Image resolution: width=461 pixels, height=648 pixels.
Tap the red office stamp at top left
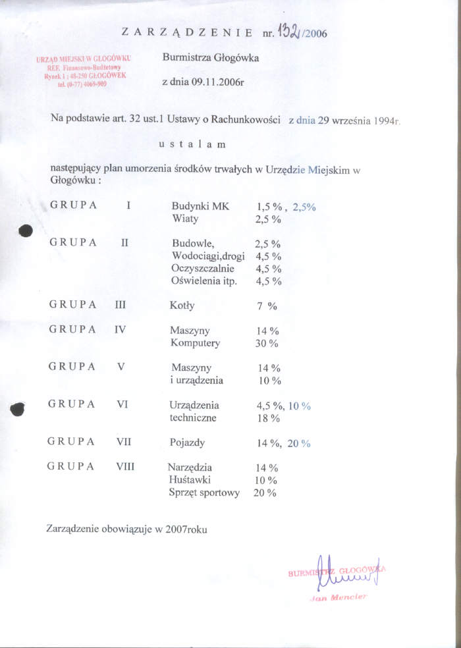click(x=83, y=71)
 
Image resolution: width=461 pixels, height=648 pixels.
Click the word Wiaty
click(x=185, y=219)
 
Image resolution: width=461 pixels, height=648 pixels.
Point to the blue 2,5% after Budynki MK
click(x=304, y=206)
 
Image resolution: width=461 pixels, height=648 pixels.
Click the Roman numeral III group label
click(x=121, y=305)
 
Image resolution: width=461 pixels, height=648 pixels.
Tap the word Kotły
click(x=182, y=306)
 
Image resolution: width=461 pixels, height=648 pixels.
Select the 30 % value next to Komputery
click(x=267, y=343)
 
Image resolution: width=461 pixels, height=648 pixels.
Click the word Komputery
click(x=196, y=343)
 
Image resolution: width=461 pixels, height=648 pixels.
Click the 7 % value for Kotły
click(x=267, y=306)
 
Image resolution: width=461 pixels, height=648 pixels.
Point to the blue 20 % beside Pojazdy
click(x=298, y=443)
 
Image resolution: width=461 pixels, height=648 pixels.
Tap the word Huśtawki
click(x=190, y=480)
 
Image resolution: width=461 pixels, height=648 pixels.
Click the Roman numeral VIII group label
click(x=125, y=466)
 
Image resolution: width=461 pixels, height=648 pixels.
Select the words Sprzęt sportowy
click(x=204, y=493)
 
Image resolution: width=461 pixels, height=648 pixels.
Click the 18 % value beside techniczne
click(x=268, y=418)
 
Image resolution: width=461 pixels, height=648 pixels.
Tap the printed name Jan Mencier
click(x=338, y=597)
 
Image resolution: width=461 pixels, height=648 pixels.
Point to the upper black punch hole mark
click(x=26, y=230)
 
